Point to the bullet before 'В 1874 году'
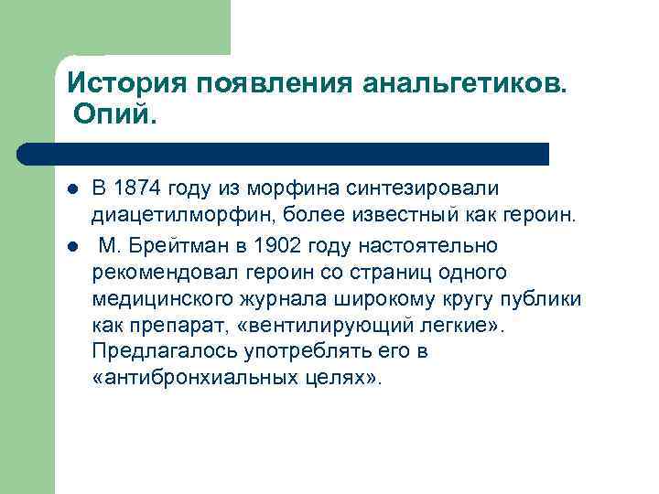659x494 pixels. (x=71, y=189)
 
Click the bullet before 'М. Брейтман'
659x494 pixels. (x=71, y=245)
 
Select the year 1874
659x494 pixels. (x=140, y=188)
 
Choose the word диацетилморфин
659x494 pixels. (x=179, y=217)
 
